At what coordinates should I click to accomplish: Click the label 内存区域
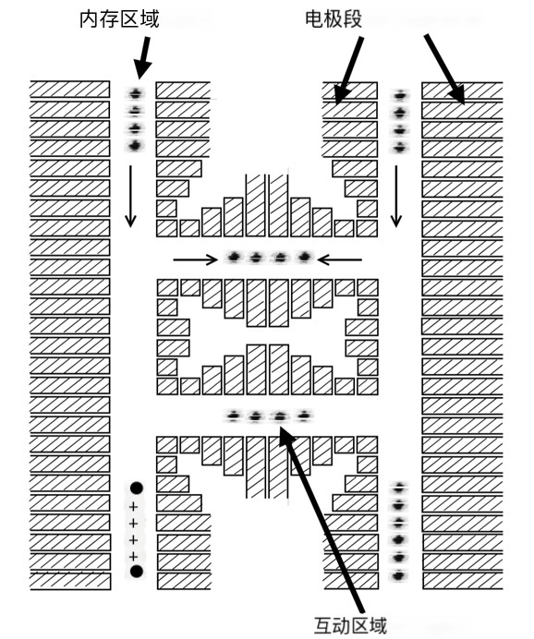119,19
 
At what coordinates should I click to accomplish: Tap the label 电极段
334,19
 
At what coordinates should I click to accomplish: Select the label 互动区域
350,626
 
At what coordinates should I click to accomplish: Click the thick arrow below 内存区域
142,58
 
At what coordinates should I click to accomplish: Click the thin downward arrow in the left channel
130,196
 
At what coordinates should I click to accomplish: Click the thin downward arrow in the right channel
396,196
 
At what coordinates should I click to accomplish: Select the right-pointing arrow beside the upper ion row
196,259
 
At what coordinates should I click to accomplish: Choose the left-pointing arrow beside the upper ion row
339,259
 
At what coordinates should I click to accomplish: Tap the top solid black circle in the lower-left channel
137,488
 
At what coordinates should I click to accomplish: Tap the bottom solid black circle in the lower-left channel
137,572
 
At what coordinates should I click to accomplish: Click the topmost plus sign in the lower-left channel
133,507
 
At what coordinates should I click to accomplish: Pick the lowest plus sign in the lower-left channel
133,556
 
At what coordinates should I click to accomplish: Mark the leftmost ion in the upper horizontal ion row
234,257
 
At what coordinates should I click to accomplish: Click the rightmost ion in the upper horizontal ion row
304,257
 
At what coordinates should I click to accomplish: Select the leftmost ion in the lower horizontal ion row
234,416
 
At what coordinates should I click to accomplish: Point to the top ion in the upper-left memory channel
135,94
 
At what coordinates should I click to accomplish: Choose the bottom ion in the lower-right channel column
398,576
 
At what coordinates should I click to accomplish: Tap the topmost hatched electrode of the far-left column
70,90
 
